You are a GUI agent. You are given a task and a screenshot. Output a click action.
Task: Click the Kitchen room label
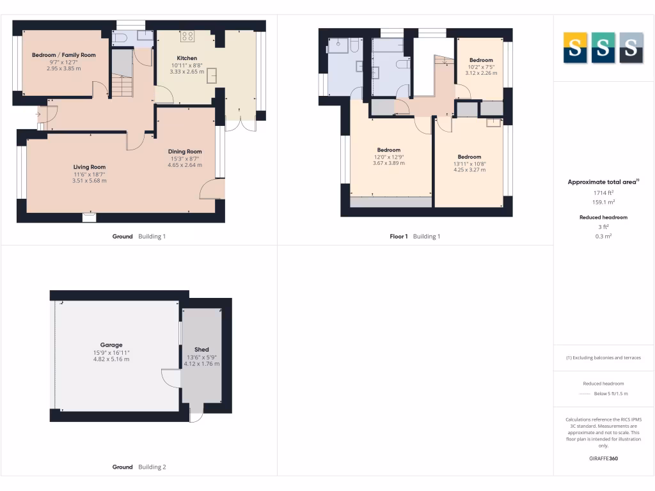click(187, 58)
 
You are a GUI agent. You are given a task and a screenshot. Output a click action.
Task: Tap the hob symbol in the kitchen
click(188, 36)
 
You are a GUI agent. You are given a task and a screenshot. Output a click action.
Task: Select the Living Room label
click(90, 167)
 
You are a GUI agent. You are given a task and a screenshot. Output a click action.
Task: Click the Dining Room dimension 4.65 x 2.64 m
click(185, 165)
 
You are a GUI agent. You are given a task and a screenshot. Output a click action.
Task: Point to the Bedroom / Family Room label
click(64, 55)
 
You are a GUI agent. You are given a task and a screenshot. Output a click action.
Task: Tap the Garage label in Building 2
click(111, 345)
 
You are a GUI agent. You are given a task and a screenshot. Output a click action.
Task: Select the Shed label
click(202, 350)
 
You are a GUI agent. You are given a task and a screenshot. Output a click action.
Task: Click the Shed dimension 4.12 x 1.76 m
click(202, 364)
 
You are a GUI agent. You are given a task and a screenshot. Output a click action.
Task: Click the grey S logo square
click(631, 47)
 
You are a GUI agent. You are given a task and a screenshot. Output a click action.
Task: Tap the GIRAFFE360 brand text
click(603, 458)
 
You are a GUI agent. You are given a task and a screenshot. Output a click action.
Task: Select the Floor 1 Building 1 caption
click(415, 237)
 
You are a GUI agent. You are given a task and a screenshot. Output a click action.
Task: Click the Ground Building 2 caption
click(139, 467)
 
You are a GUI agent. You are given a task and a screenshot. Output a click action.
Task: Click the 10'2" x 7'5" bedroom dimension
click(481, 66)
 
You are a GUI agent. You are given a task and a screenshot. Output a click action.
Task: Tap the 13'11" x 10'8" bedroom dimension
click(470, 164)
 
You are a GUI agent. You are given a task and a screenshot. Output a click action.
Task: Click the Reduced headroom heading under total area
click(603, 217)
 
